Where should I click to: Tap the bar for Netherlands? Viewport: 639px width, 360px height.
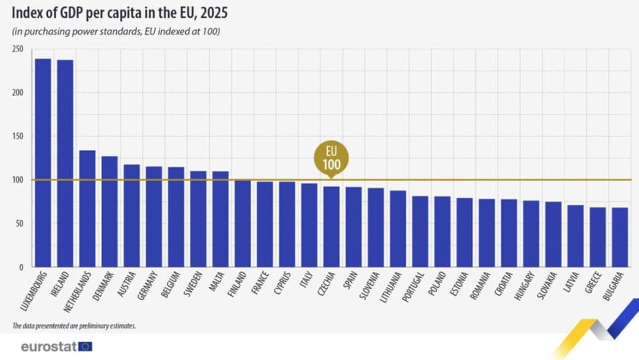87,208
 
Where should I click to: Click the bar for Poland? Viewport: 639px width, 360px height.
442,232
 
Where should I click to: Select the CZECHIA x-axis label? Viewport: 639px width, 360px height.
327,285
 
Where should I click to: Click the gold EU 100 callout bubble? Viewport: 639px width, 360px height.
331,158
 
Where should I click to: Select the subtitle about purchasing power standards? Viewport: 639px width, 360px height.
116,31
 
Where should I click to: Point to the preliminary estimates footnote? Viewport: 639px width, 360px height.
74,326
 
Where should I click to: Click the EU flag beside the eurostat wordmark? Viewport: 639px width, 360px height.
85,347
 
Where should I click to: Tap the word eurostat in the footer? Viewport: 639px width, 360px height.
48,347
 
